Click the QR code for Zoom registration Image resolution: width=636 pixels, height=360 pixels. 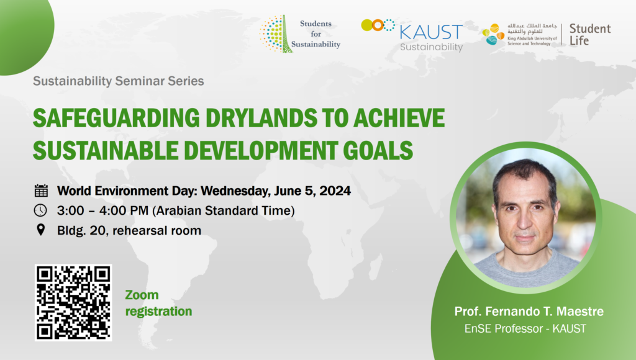tap(73, 302)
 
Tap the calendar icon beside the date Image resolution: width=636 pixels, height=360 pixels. tap(41, 191)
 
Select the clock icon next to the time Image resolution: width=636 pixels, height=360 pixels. tap(40, 210)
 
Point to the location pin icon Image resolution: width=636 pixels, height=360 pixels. tap(40, 230)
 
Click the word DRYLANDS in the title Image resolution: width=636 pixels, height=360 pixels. tap(261, 118)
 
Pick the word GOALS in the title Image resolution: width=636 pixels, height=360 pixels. tap(378, 150)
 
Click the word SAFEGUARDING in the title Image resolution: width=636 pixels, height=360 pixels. tap(116, 118)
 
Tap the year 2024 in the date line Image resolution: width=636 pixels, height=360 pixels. tap(335, 191)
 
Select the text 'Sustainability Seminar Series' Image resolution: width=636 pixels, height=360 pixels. tap(119, 81)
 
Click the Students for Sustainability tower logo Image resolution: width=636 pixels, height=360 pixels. tap(276, 34)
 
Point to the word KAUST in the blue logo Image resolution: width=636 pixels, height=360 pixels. tap(431, 32)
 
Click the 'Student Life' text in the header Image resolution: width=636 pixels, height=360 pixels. tap(590, 35)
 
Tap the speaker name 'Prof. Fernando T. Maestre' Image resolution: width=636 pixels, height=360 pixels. tap(529, 312)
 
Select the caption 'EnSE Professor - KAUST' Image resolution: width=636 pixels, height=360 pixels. tap(525, 328)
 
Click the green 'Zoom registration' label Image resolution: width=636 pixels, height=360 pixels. tap(158, 303)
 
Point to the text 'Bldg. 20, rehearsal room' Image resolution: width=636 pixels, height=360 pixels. tap(129, 230)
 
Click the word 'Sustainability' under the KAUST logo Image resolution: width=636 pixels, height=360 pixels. tap(431, 47)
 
